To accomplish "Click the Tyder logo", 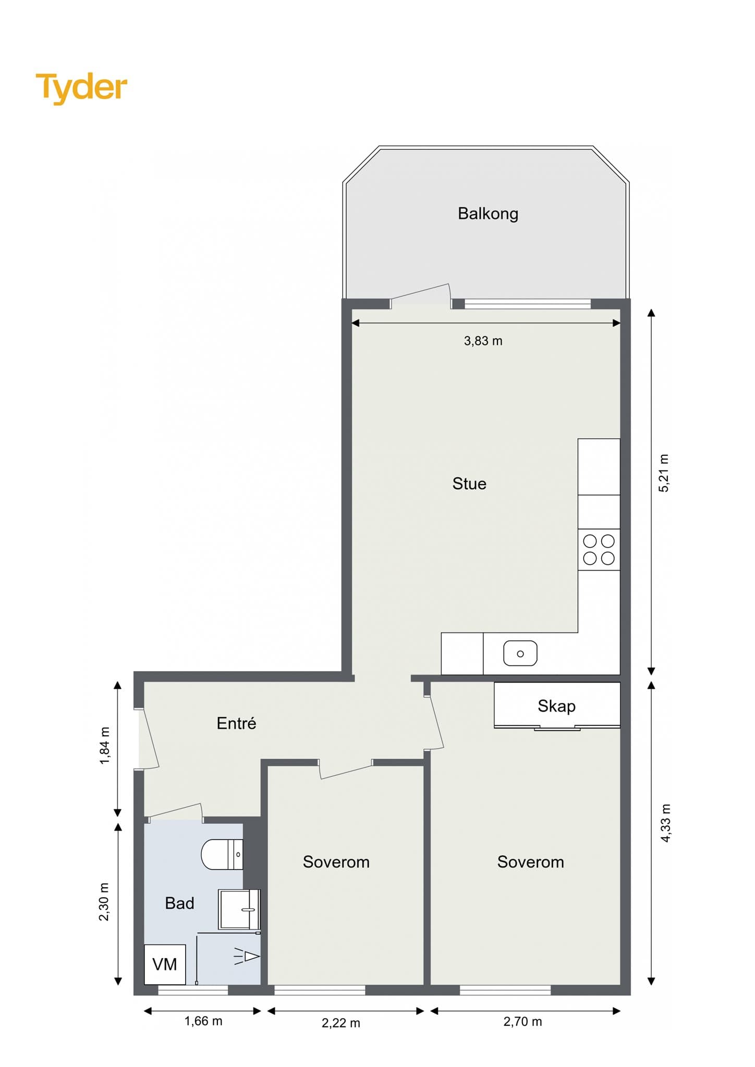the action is (x=81, y=88).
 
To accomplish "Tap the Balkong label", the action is (x=488, y=214).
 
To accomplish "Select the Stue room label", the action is (x=469, y=483).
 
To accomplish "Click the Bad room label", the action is (x=179, y=903).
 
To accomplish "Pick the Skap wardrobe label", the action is (x=556, y=706).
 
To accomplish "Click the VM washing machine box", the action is (x=165, y=964).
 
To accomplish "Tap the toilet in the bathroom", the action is (x=222, y=854).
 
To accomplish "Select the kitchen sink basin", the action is (x=520, y=653).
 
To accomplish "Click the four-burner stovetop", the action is (x=599, y=550).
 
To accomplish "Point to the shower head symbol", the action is (x=247, y=956).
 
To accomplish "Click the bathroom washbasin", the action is (x=239, y=909).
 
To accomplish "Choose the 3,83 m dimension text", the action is (x=483, y=341).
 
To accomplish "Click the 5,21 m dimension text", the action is (x=663, y=473).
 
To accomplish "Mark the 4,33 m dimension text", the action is (x=665, y=823).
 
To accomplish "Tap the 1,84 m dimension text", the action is (x=105, y=746).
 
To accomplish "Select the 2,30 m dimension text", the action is (x=104, y=902).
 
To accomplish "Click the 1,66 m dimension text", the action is (x=203, y=1021).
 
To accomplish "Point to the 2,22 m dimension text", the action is (x=341, y=1023).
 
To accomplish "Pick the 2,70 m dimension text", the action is (x=522, y=1022).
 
